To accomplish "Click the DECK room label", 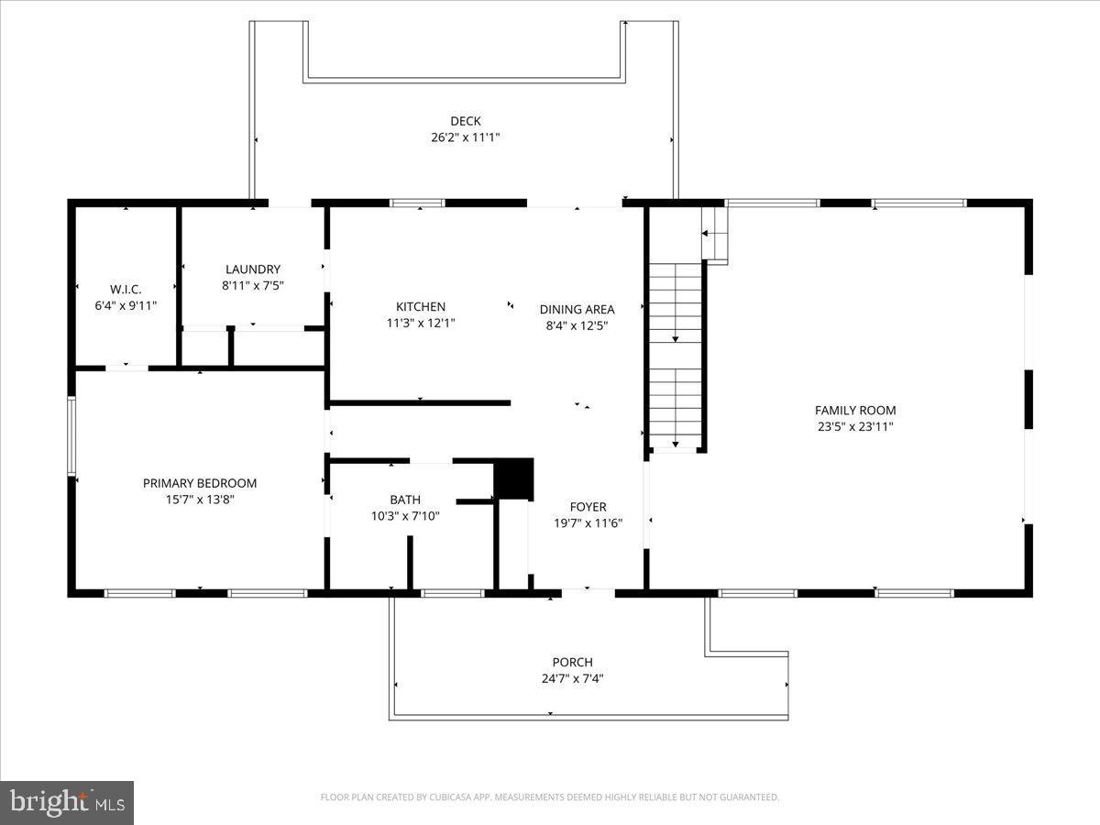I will [465, 121].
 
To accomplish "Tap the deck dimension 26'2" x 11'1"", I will [465, 137].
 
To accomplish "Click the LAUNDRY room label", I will [253, 269].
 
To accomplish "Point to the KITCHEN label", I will [421, 307].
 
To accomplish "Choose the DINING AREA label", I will [577, 310].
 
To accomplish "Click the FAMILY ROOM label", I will [855, 411].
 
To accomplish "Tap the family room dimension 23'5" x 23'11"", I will [855, 426].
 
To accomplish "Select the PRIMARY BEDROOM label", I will [200, 483].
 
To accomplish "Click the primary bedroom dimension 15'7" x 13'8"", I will [200, 500].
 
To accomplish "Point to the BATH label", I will [405, 500].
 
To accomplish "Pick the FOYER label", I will [588, 507].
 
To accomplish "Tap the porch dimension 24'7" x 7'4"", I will [572, 679].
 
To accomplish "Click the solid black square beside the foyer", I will [513, 478].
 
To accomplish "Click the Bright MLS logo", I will [67, 803].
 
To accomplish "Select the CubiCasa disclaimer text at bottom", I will [550, 797].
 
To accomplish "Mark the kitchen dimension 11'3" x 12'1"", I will [421, 323].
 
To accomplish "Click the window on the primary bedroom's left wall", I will [71, 435].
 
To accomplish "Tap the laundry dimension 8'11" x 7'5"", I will [253, 285].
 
